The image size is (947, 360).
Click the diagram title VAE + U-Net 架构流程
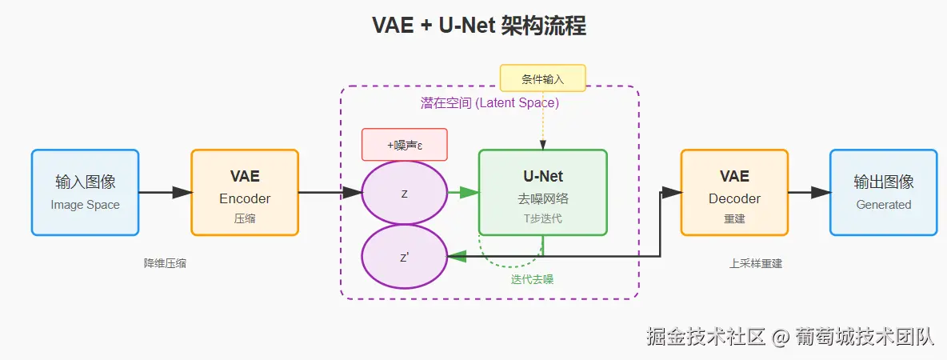click(479, 26)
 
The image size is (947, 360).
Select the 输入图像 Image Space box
click(85, 192)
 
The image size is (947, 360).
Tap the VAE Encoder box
click(245, 192)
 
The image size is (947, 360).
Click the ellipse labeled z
click(404, 193)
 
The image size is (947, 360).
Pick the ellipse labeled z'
click(404, 256)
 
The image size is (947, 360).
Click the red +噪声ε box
click(404, 145)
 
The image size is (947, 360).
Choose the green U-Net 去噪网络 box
click(542, 192)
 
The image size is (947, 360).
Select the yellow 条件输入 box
click(542, 78)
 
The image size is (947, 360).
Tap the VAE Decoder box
click(733, 192)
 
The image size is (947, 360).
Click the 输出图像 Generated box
click(883, 192)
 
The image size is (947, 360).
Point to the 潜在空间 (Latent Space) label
click(489, 103)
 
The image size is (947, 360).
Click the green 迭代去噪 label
click(532, 279)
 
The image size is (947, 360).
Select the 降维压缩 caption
click(165, 262)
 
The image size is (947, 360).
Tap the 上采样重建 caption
click(756, 262)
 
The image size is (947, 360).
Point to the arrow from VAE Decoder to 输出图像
click(808, 192)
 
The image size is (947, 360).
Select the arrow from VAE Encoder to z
click(330, 192)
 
